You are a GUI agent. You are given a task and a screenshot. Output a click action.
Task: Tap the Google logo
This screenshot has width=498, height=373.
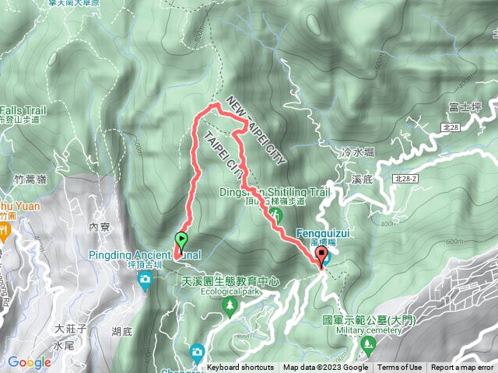pos(29,362)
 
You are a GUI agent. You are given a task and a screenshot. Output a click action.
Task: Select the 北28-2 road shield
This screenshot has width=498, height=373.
pos(405,179)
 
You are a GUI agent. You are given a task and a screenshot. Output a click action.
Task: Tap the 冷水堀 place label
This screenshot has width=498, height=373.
pos(357,154)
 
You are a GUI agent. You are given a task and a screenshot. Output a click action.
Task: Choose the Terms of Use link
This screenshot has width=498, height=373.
pos(400,368)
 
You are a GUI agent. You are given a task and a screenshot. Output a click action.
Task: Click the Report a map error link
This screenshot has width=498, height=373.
pos(462,368)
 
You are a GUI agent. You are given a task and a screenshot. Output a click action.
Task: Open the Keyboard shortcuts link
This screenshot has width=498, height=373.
pos(240,368)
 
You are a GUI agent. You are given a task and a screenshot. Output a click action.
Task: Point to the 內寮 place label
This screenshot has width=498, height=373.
pos(100,228)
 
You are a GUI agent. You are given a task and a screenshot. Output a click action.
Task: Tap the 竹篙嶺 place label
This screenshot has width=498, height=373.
pos(30,180)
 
